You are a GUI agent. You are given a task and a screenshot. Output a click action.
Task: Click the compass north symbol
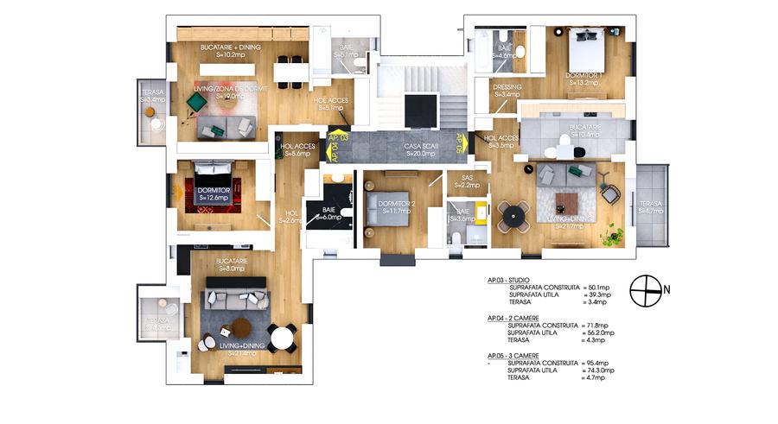tap(645, 290)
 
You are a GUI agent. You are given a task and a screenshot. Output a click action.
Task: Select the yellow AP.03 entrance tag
tap(338, 138)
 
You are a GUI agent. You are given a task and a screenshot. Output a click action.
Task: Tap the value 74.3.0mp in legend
tap(600, 370)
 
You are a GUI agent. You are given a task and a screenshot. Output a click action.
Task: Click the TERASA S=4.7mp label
tap(651, 206)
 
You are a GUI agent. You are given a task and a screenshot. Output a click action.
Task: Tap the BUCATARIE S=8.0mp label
tap(233, 264)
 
